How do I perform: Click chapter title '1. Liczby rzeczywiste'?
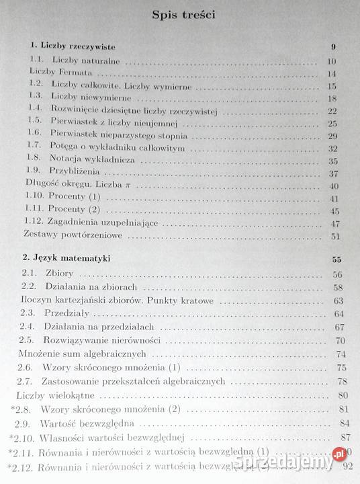click(x=73, y=46)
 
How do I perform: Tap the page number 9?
click(x=333, y=46)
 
